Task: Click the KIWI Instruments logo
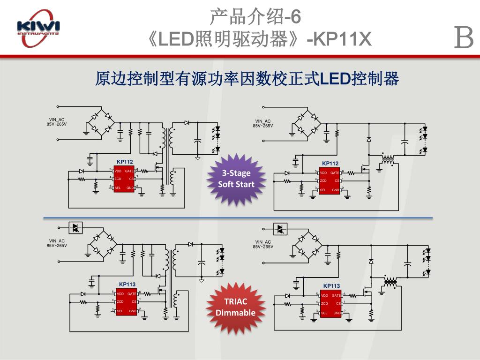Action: tap(38, 32)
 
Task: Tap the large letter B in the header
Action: tap(464, 37)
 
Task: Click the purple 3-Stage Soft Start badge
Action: tap(236, 179)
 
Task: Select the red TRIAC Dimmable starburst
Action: tap(236, 307)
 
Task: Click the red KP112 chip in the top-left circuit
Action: tap(124, 179)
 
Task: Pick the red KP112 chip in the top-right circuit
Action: tap(330, 180)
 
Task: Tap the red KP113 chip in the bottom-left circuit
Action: tap(127, 302)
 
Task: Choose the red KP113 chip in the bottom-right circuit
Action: tap(331, 303)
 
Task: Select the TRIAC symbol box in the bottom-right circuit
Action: tap(280, 229)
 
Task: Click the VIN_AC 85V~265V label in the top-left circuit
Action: tap(57, 122)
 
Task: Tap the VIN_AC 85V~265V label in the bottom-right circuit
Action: tap(263, 244)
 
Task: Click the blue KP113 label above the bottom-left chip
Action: tap(127, 284)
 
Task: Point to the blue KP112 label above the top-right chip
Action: tap(330, 163)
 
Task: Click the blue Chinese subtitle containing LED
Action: tap(247, 79)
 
